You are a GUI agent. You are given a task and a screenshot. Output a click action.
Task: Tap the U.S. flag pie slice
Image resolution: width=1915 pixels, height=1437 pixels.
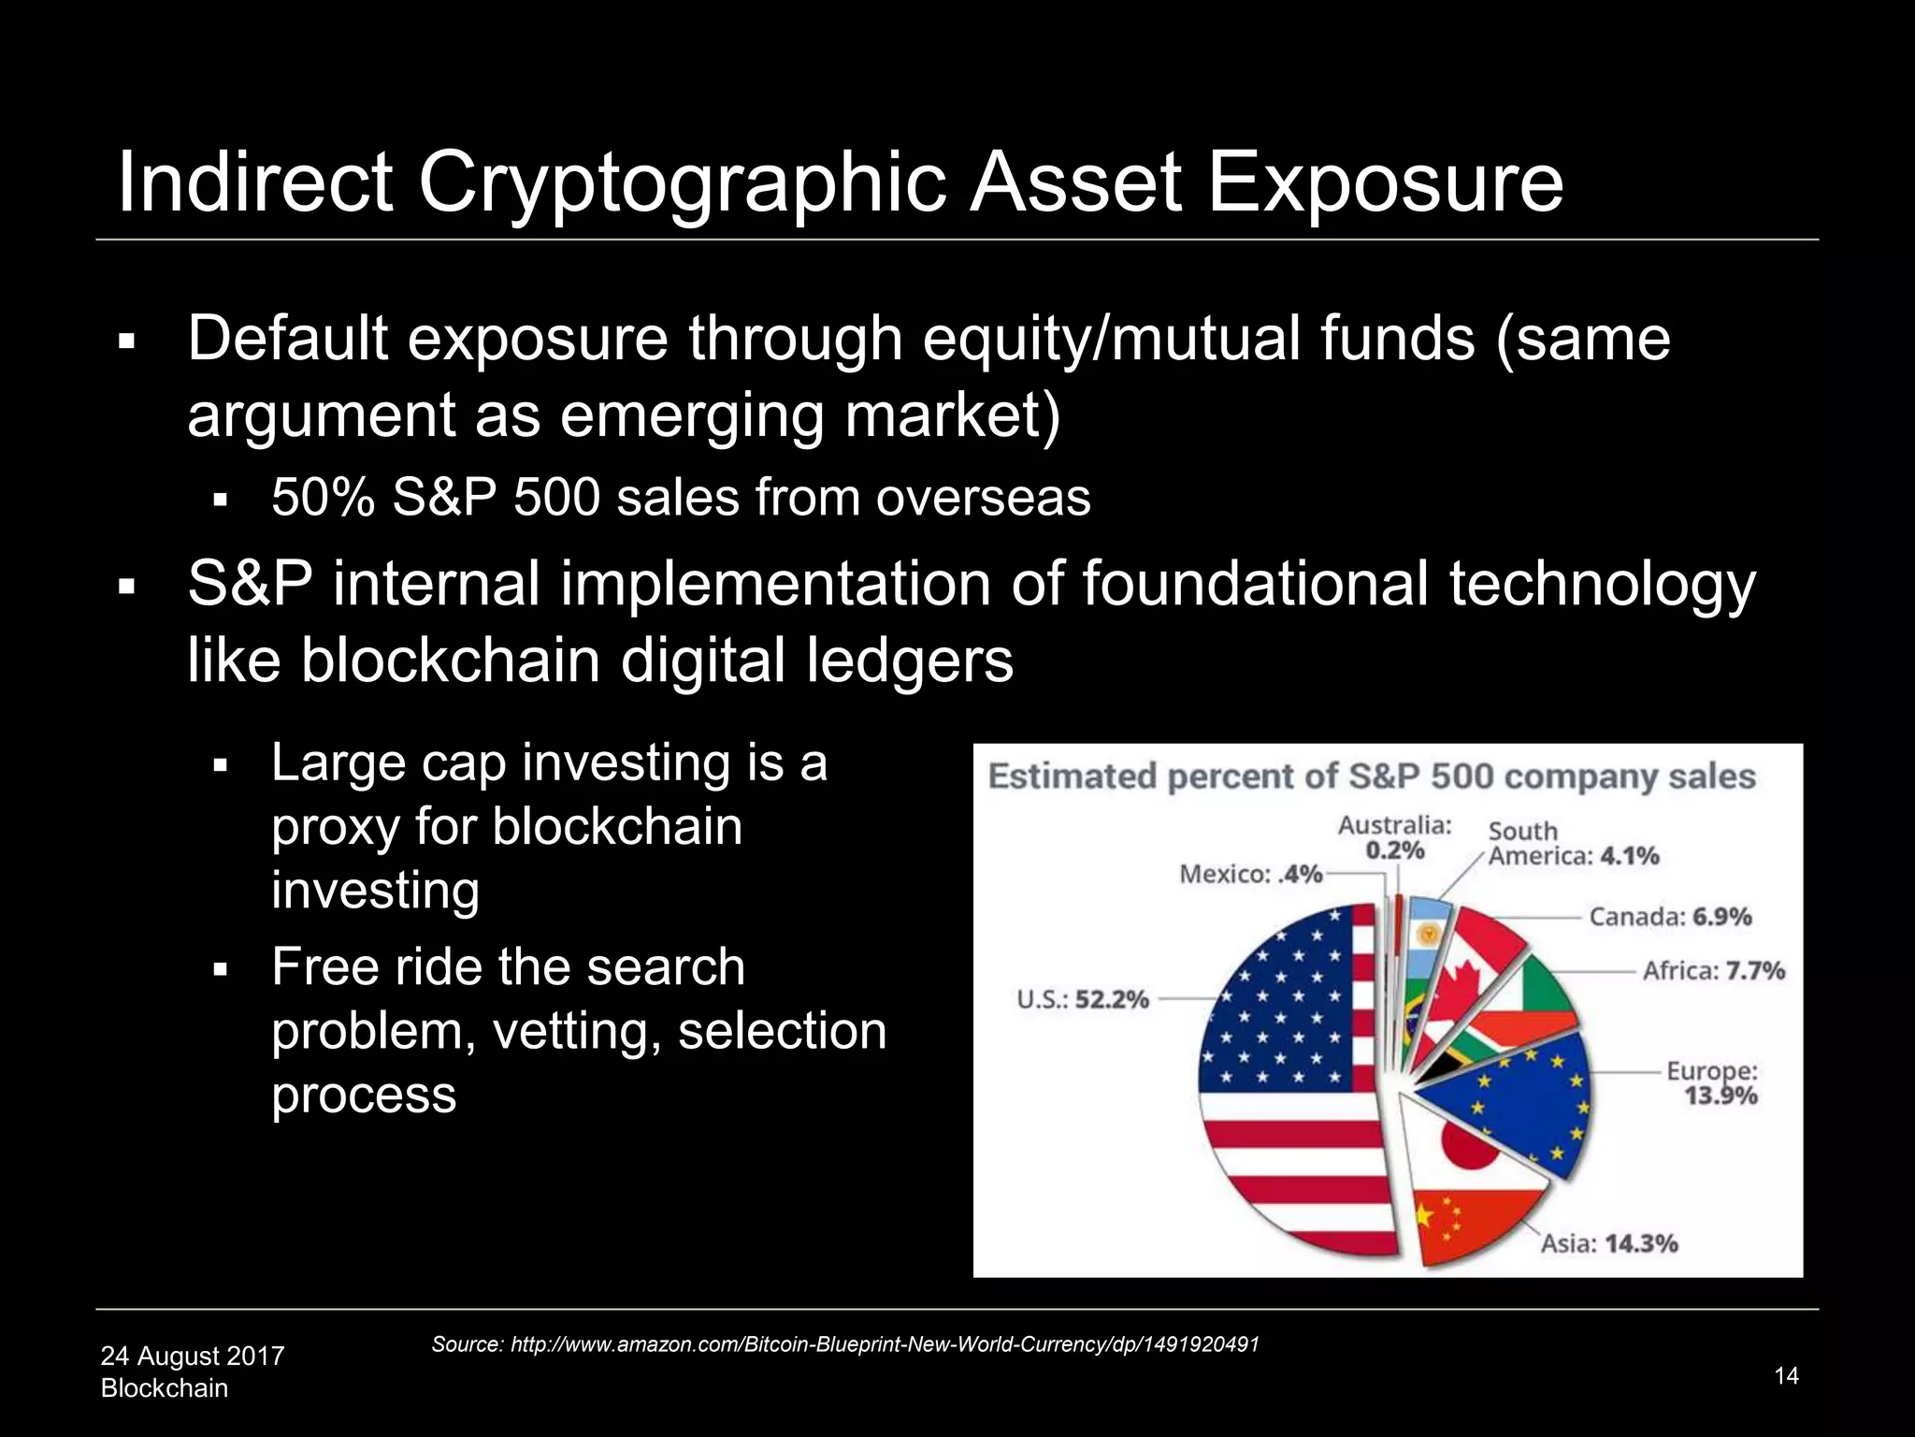pyautogui.click(x=1290, y=1076)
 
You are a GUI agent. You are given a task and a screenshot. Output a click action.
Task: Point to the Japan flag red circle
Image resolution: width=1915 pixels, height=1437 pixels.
pyautogui.click(x=1470, y=1144)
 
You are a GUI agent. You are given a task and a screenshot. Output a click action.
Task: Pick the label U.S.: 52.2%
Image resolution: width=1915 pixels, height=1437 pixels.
pyautogui.click(x=1083, y=999)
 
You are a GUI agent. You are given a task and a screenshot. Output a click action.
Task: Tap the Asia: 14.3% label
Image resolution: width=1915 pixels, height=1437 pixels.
pyautogui.click(x=1608, y=1243)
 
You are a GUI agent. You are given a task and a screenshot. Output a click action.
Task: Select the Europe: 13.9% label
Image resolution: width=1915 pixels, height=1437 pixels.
pyautogui.click(x=1713, y=1083)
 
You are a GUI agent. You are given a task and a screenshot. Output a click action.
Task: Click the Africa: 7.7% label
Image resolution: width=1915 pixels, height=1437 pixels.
pyautogui.click(x=1714, y=971)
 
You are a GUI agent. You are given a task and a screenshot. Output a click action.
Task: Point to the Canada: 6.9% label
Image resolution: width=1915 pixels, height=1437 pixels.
pyautogui.click(x=1670, y=917)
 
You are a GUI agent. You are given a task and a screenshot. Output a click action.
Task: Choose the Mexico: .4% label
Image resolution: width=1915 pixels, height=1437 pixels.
pyautogui.click(x=1251, y=875)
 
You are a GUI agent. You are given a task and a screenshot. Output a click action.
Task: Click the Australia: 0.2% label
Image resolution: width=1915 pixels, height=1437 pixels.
pyautogui.click(x=1394, y=837)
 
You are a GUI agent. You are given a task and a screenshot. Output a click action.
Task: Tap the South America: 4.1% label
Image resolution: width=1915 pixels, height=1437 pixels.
pyautogui.click(x=1573, y=844)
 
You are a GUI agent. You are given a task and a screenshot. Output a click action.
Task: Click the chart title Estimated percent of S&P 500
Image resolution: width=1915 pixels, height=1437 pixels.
pyautogui.click(x=1372, y=777)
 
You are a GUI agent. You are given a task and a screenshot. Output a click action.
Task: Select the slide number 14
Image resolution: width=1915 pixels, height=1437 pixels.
pyautogui.click(x=1786, y=1375)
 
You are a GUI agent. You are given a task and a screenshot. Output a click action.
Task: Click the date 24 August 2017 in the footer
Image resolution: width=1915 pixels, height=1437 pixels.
pyautogui.click(x=193, y=1356)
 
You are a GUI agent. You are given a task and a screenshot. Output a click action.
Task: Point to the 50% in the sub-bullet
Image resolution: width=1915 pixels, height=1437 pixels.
pyautogui.click(x=323, y=498)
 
